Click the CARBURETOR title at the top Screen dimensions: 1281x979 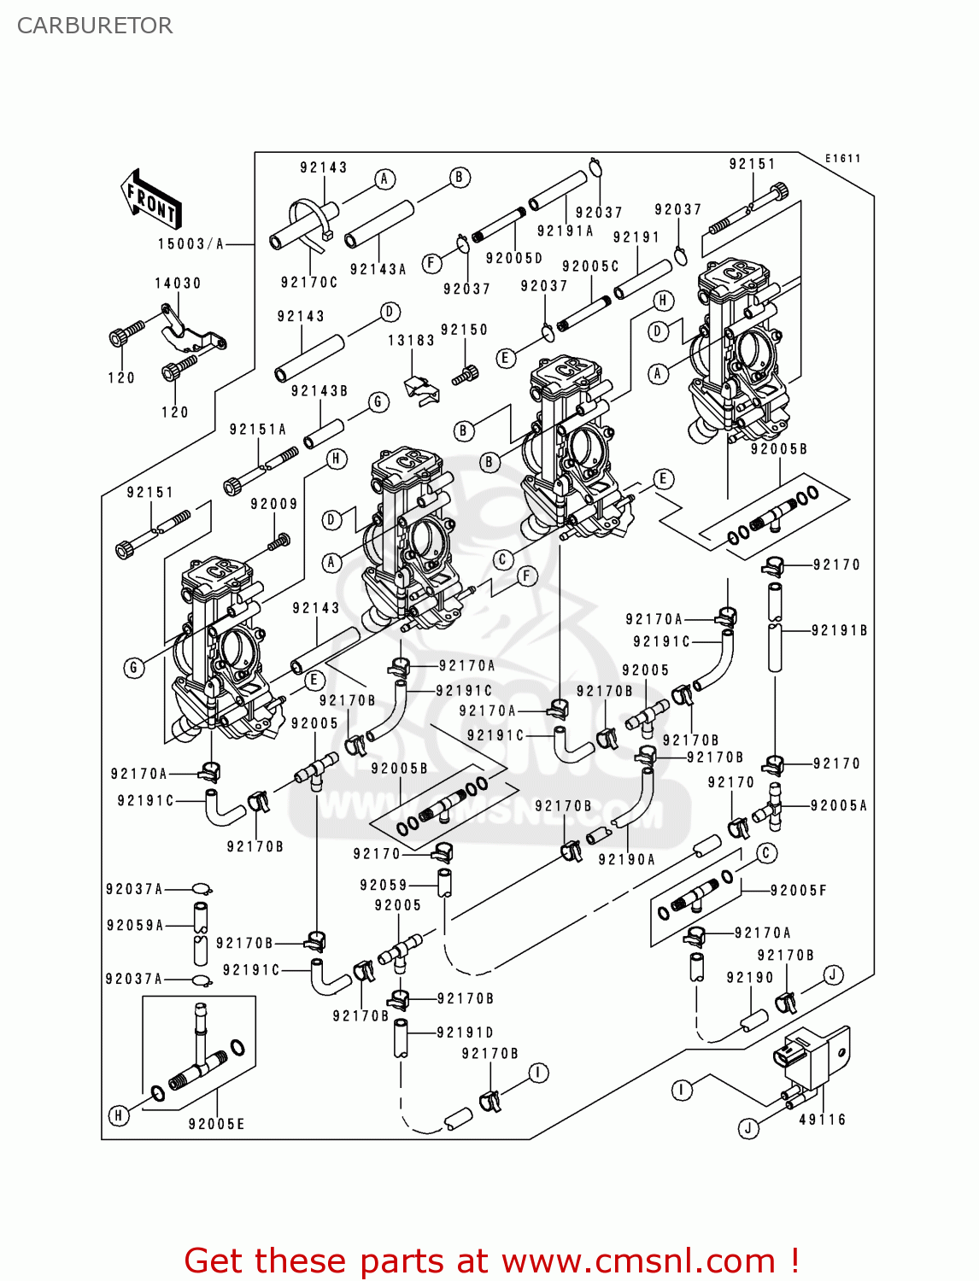click(95, 26)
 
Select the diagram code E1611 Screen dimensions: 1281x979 click(842, 159)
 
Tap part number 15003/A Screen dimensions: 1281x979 click(191, 244)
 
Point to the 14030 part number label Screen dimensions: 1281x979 click(178, 284)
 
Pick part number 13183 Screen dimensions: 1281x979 click(411, 341)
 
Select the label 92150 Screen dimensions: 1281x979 click(464, 330)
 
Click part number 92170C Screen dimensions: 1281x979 click(309, 283)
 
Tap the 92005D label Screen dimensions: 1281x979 click(514, 258)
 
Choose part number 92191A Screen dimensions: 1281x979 click(565, 231)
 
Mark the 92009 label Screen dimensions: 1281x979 click(274, 505)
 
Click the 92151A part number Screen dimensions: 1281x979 click(258, 430)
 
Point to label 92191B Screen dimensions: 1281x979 click(839, 630)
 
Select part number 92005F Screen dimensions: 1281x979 click(798, 891)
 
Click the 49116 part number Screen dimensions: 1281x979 click(822, 1120)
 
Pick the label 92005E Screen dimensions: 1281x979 click(216, 1124)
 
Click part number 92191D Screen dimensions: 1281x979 click(465, 1032)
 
